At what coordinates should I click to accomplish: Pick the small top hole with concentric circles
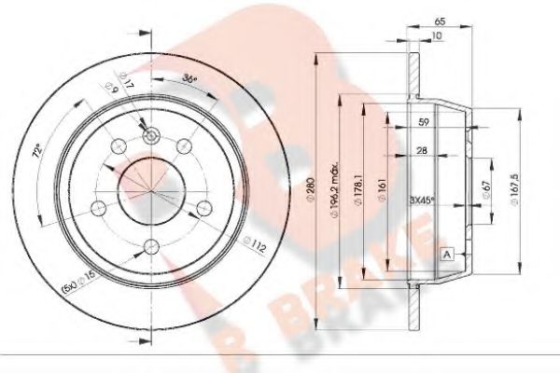pyautogui.click(x=149, y=137)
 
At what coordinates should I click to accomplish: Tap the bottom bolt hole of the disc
pyautogui.click(x=149, y=247)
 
